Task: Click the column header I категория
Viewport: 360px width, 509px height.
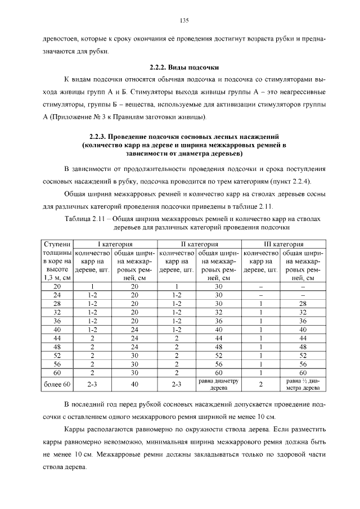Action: point(115,244)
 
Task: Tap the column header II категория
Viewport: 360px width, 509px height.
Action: point(199,244)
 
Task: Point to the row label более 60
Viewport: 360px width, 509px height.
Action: point(57,384)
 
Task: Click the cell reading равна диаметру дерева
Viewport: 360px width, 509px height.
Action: point(219,384)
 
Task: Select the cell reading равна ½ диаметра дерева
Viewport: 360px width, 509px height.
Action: point(303,384)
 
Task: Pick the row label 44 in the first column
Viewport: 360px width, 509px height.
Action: point(57,337)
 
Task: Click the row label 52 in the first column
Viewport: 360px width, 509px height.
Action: point(57,355)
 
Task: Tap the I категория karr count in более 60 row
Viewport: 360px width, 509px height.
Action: point(93,384)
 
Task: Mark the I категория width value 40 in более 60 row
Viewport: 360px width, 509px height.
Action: point(135,384)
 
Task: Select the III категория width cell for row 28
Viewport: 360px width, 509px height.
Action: point(303,303)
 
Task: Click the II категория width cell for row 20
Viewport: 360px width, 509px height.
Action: point(219,286)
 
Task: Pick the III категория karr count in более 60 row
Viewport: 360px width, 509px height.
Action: point(261,384)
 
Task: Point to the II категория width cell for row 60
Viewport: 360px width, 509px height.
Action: point(219,372)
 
